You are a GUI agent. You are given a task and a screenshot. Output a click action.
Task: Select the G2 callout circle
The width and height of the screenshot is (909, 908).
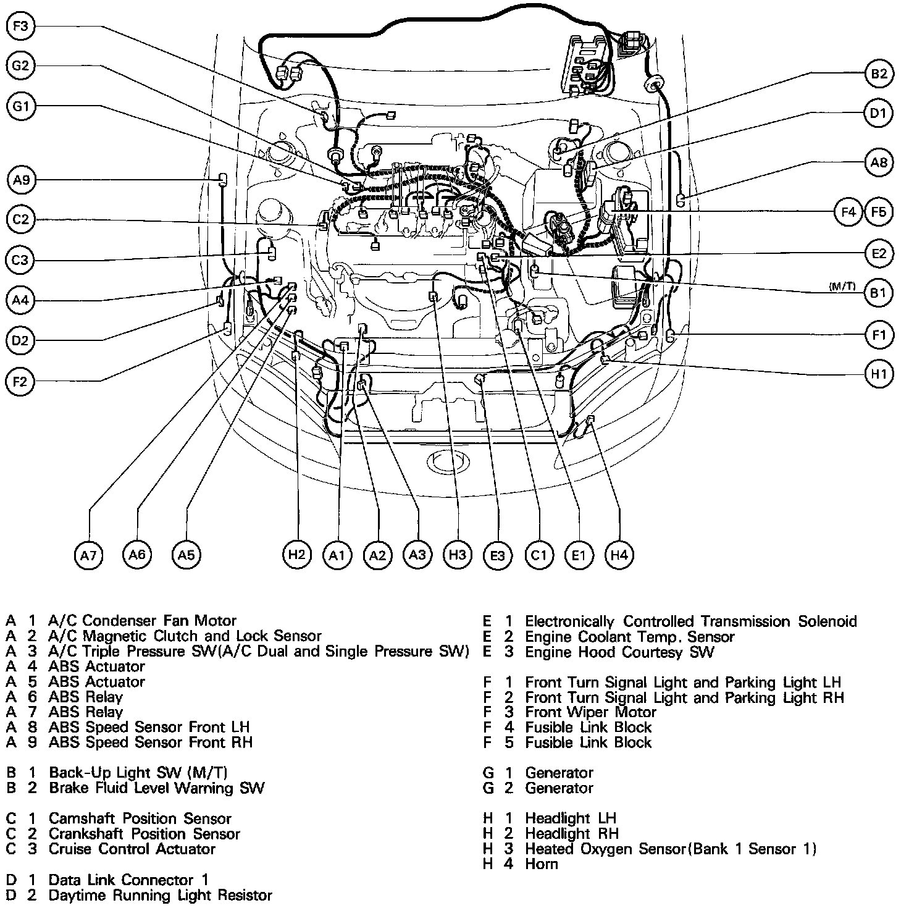[22, 66]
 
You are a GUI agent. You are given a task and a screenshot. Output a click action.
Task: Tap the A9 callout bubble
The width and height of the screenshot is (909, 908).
[22, 180]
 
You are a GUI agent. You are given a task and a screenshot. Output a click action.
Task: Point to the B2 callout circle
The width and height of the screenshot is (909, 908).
[879, 74]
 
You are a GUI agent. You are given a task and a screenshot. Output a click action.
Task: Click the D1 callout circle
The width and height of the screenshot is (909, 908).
[879, 113]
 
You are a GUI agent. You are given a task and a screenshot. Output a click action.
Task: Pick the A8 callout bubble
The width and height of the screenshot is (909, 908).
[879, 162]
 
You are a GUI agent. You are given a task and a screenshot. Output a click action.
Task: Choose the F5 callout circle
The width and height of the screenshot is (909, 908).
[879, 212]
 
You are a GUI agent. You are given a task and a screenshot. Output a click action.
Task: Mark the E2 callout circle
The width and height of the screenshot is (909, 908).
[879, 253]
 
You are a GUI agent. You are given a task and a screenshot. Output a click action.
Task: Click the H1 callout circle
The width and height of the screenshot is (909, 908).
[879, 374]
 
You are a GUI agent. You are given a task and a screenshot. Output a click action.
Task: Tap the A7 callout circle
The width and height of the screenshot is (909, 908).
[88, 555]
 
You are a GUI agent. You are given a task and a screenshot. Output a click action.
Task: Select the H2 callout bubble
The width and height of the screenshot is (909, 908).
[297, 554]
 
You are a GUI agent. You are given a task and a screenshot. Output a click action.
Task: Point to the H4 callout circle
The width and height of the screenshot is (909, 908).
[619, 555]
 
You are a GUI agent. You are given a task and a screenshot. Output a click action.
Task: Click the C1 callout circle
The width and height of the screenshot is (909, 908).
[539, 555]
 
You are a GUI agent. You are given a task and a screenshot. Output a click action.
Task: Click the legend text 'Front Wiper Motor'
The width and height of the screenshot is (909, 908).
[591, 712]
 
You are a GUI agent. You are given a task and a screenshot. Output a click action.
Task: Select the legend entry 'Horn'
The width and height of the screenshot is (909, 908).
[542, 864]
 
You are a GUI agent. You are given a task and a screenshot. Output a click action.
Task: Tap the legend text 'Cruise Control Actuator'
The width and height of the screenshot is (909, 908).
[132, 849]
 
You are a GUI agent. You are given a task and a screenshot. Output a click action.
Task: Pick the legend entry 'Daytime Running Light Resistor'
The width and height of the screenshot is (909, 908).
[160, 895]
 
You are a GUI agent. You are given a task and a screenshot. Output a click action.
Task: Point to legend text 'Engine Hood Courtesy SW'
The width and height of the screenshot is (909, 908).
[619, 652]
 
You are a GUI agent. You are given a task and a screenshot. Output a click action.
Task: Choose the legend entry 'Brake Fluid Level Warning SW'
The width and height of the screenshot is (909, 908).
[156, 788]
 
